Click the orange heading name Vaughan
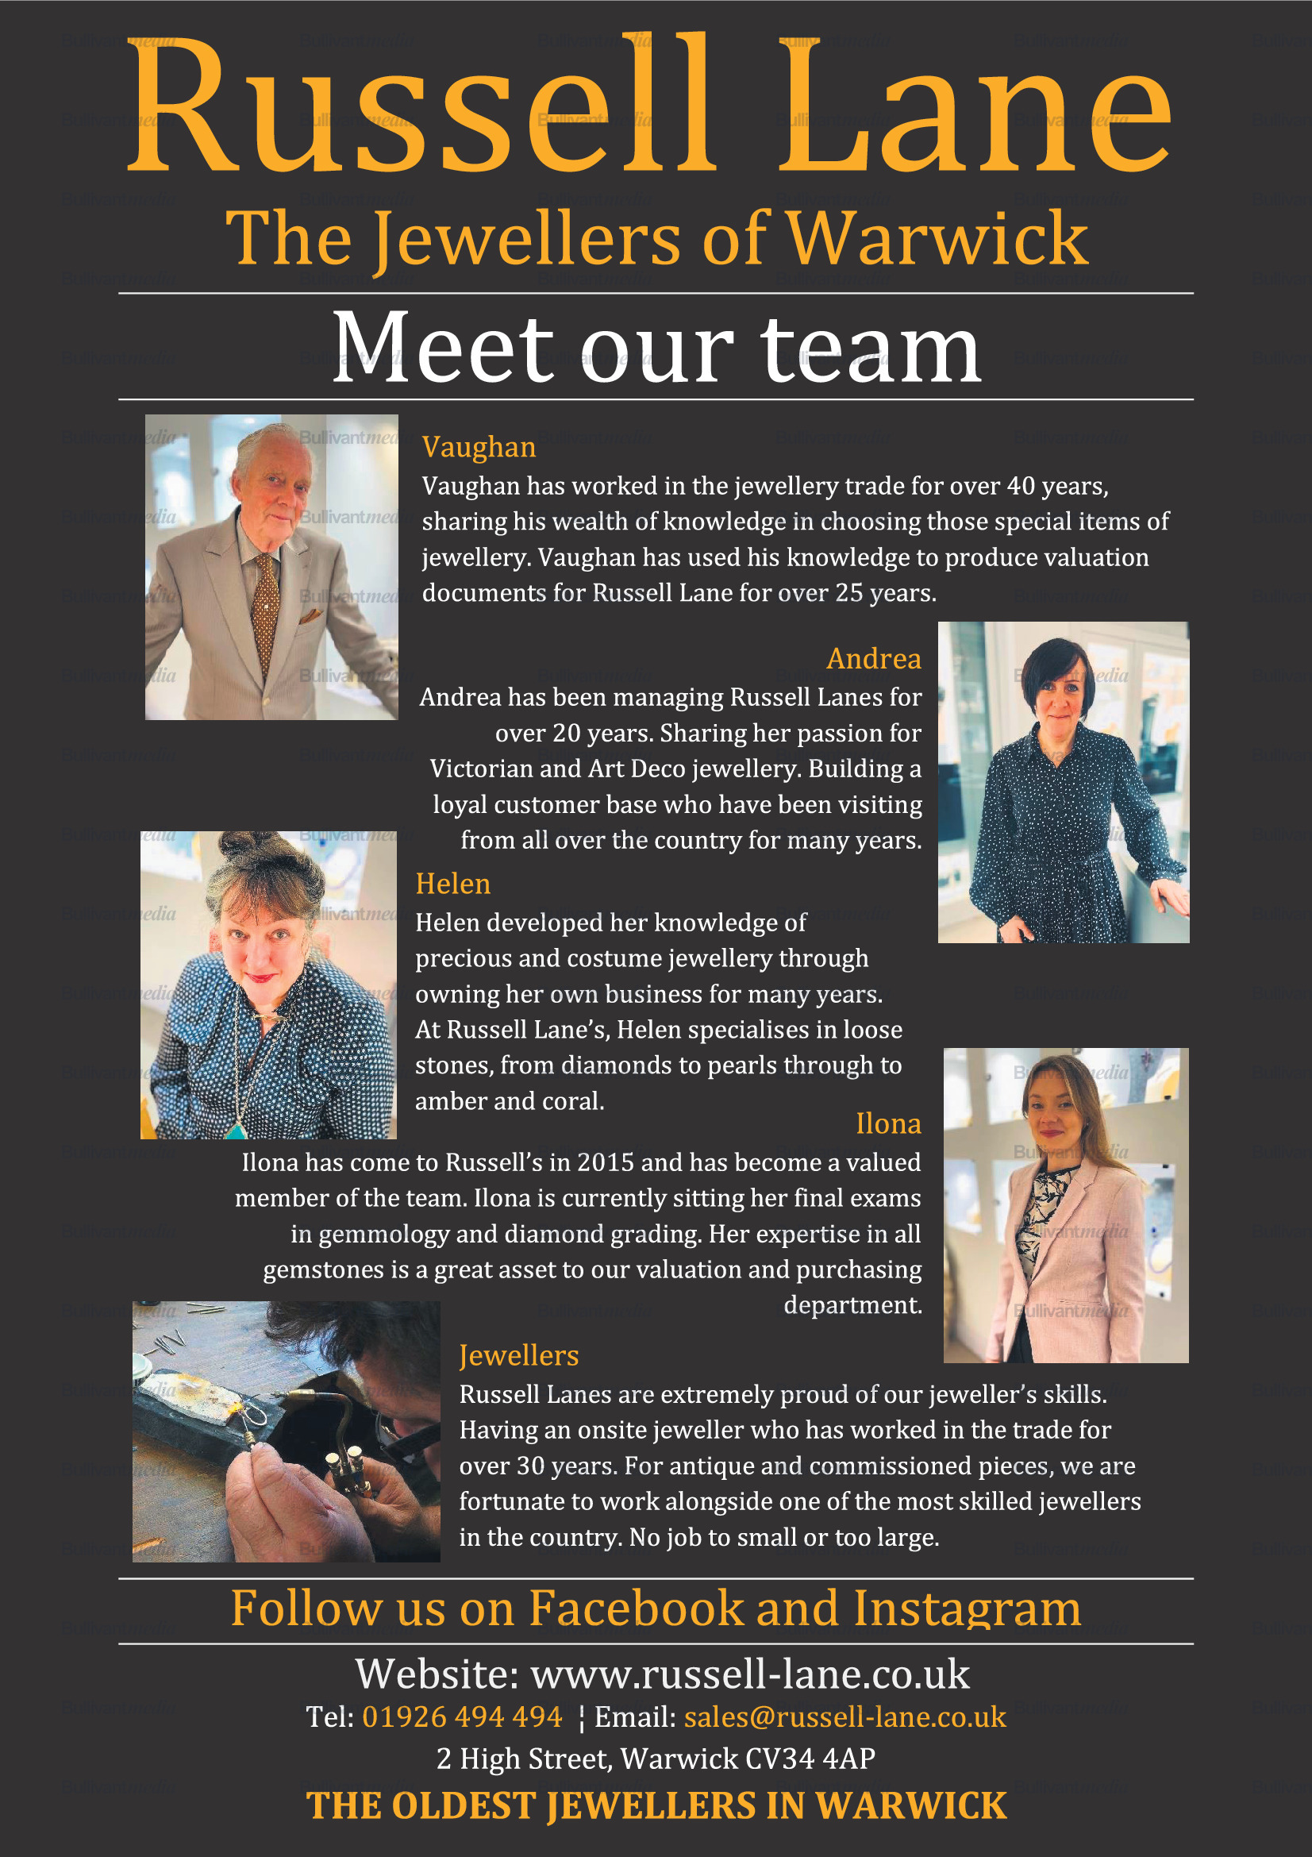[479, 447]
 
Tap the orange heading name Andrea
[873, 658]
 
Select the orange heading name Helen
[452, 883]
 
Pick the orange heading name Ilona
[887, 1123]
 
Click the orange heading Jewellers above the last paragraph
[519, 1355]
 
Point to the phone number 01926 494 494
[462, 1716]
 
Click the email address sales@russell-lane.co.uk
[845, 1716]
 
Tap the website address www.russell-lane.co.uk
[749, 1674]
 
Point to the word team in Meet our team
[871, 349]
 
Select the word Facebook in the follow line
[637, 1608]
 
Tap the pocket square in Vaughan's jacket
[310, 617]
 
